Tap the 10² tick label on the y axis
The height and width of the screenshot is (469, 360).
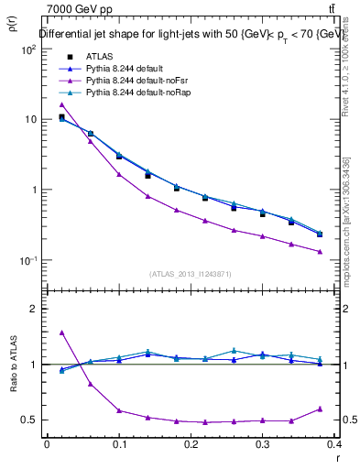coord(28,49)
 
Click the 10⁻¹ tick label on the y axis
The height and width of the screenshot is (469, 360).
coord(28,260)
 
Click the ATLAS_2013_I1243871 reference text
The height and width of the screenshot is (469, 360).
coord(191,274)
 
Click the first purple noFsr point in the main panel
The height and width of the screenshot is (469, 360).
coord(61,104)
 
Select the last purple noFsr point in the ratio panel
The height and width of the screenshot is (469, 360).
coord(320,409)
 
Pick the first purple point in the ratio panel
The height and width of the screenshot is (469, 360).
coord(61,333)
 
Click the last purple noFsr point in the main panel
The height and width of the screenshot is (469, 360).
coord(320,252)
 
